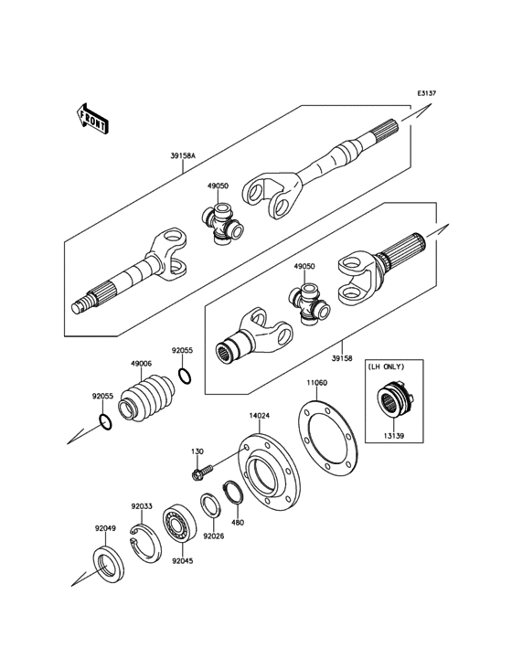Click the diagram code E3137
click(427, 93)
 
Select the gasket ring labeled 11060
click(329, 438)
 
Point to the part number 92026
click(214, 536)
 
